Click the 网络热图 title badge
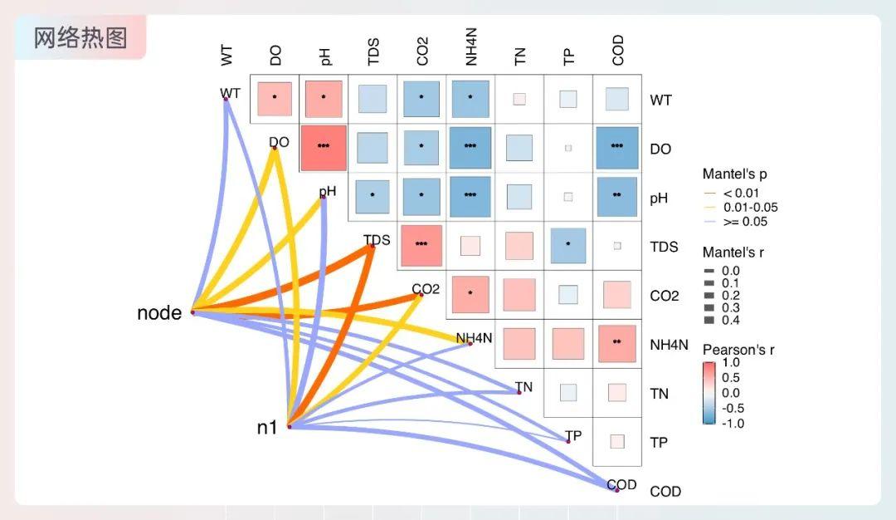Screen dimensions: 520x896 [x=80, y=37]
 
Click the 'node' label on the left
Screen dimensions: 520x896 [x=159, y=313]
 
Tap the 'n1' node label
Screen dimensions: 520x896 [x=266, y=428]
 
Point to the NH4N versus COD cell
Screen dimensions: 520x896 [x=616, y=343]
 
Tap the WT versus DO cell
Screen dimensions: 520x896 [x=275, y=99]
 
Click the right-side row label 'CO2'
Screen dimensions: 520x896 [x=665, y=296]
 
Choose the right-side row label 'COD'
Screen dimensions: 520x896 [x=665, y=491]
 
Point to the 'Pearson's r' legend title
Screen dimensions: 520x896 [x=738, y=350]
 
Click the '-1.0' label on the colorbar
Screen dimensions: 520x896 [x=733, y=423]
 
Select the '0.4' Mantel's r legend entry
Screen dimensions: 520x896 [x=730, y=320]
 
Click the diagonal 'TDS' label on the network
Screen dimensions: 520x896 [x=377, y=241]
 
